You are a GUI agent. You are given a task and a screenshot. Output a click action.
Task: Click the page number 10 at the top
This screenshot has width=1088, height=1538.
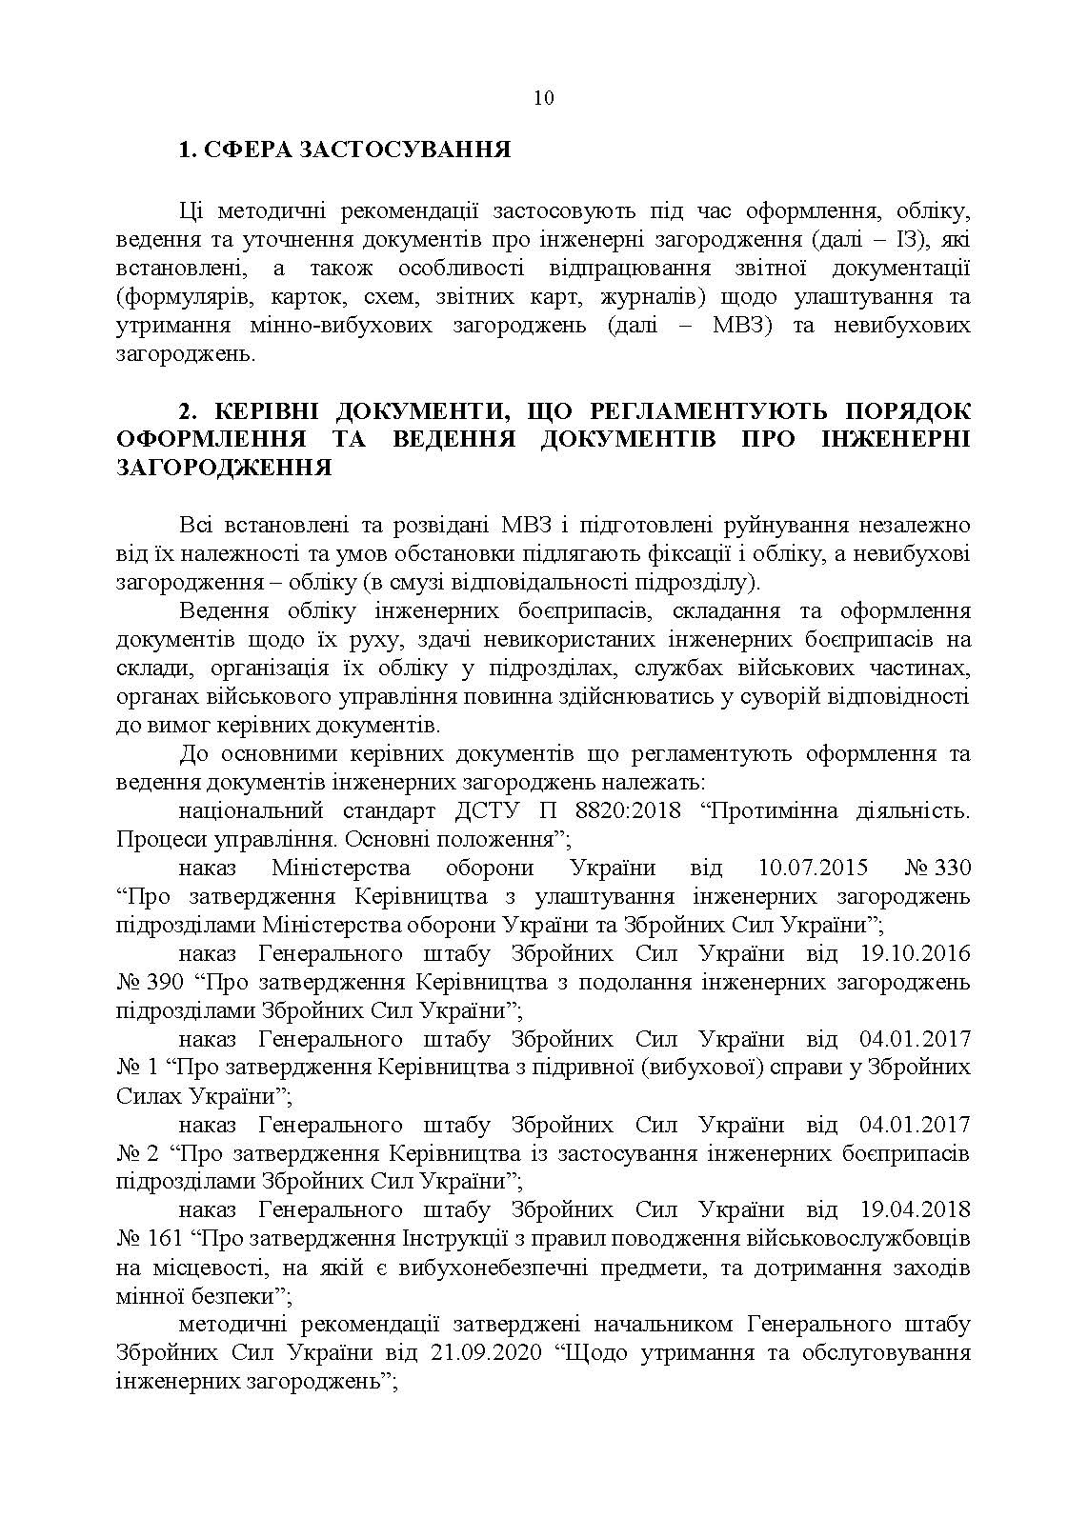543,98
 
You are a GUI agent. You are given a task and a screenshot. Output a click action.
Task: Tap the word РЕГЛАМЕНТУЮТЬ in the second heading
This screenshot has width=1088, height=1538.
700,411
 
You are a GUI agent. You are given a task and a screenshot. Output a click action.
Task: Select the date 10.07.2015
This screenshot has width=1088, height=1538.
814,869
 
